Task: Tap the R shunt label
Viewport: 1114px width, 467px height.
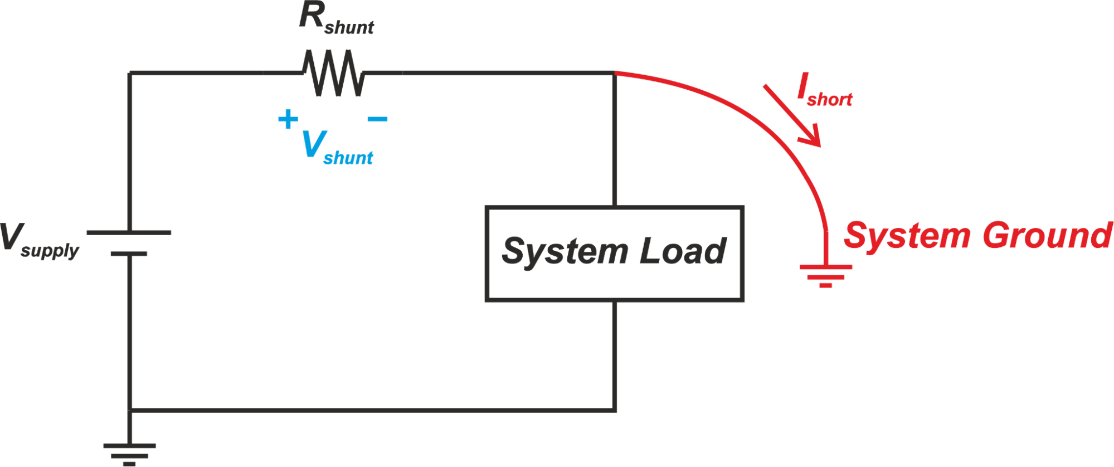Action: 336,19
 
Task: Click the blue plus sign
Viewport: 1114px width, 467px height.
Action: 288,119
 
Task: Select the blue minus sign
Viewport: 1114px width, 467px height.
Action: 377,119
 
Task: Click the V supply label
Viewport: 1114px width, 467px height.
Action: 39,240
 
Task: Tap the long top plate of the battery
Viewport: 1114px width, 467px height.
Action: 129,232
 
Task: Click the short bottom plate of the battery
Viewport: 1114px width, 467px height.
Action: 129,254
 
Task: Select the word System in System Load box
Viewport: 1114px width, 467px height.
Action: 565,252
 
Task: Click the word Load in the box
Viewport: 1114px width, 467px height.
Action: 683,251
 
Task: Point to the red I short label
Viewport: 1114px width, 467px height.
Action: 824,91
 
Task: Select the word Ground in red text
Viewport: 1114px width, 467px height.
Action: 1048,235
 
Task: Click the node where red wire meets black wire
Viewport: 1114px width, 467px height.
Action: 615,73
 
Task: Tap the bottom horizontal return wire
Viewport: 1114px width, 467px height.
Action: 368,411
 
